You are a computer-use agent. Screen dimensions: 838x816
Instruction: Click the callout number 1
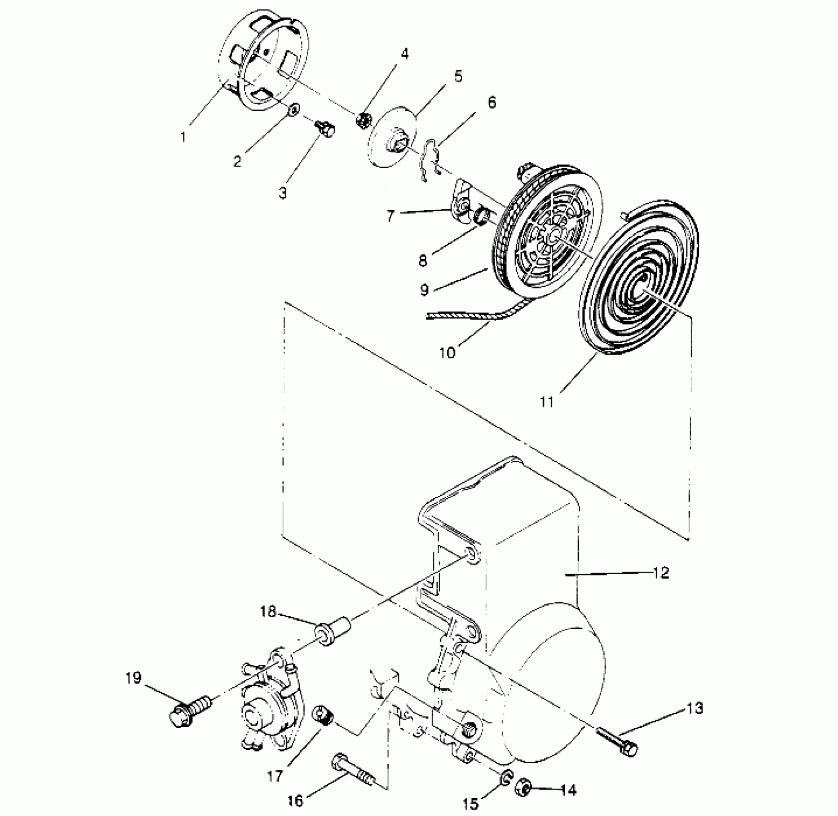click(x=183, y=137)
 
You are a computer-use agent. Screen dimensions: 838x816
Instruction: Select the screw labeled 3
click(x=326, y=129)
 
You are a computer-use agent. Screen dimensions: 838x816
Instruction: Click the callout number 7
click(x=391, y=216)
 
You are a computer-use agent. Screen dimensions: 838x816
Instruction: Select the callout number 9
click(x=424, y=290)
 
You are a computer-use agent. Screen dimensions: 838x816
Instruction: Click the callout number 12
click(x=661, y=573)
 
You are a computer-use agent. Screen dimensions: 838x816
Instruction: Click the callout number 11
click(x=547, y=401)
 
